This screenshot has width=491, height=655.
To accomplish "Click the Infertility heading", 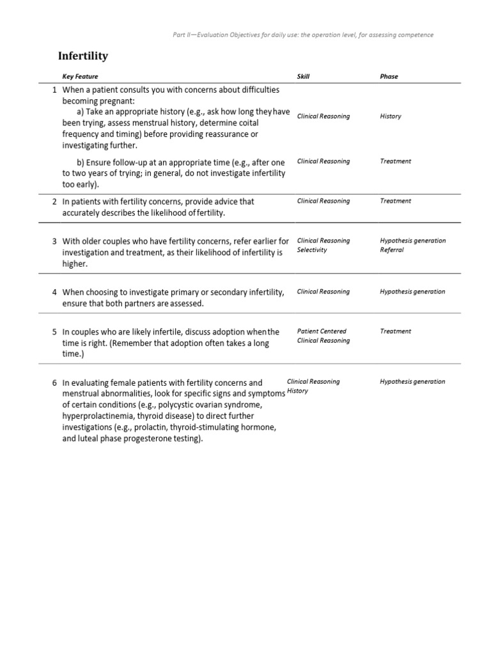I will point(83,56).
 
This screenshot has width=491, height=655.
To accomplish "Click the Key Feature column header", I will point(80,77).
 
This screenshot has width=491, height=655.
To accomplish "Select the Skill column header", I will point(303,77).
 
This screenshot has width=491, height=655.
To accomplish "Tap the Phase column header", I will point(389,77).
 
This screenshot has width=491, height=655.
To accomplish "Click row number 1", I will point(55,90).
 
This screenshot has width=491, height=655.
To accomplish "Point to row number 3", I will point(55,241).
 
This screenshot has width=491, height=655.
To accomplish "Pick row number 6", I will point(55,383).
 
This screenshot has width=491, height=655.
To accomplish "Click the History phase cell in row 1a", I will point(391,116).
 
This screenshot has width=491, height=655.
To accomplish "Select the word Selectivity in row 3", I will point(312,250).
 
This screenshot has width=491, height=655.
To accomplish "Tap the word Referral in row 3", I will point(392,250).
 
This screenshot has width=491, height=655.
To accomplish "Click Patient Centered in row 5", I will point(322,331).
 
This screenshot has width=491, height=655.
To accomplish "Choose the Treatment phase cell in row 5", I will point(396,331).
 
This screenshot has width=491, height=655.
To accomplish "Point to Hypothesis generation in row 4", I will point(412,292).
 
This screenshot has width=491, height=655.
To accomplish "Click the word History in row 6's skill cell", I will point(298,391).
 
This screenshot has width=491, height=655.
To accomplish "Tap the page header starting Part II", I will point(303,35).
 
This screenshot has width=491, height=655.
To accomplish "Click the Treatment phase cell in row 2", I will point(396,201).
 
